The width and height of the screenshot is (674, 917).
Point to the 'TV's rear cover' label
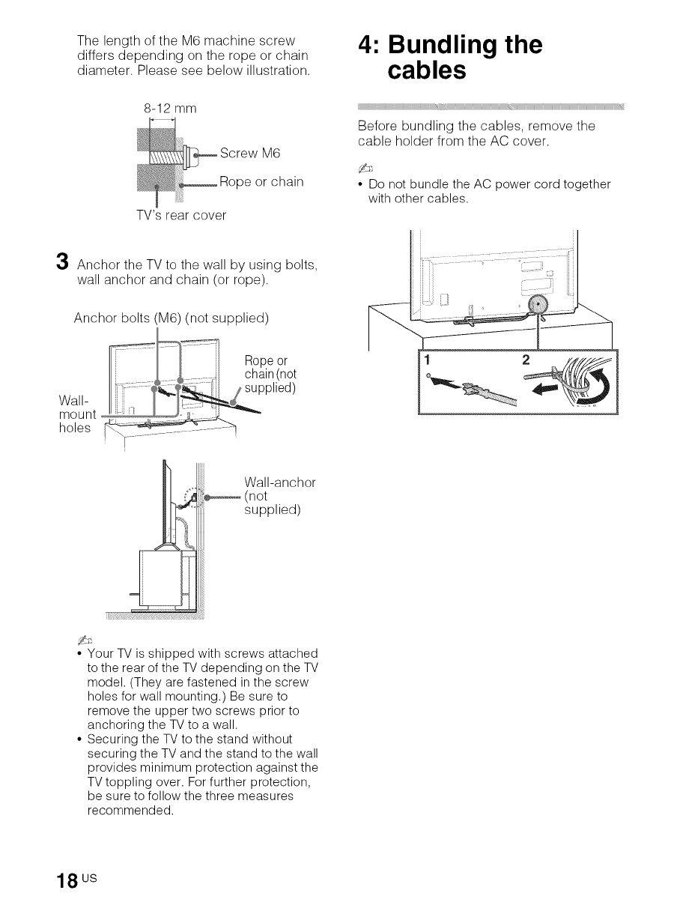pyautogui.click(x=177, y=215)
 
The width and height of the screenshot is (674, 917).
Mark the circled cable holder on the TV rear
pyautogui.click(x=538, y=304)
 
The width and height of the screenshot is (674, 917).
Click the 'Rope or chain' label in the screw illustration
pyautogui.click(x=261, y=183)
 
